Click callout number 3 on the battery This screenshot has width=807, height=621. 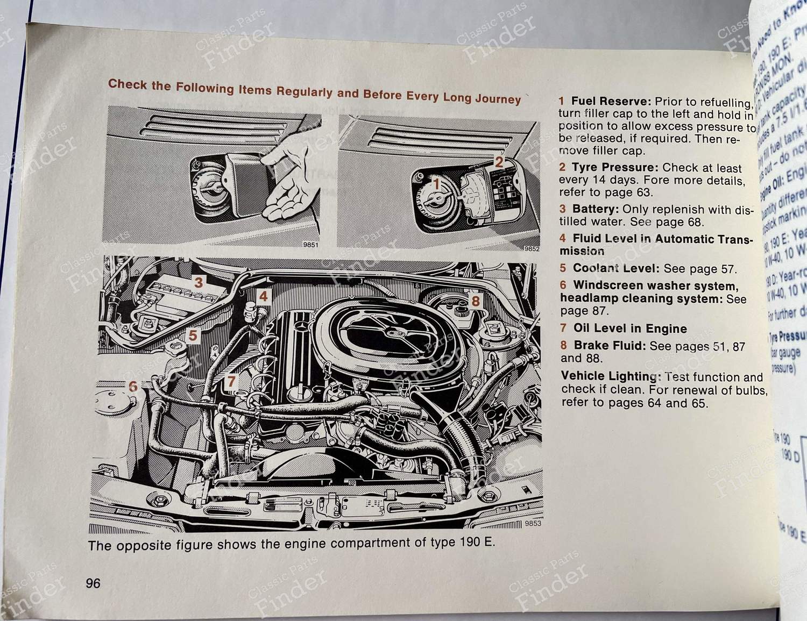pos(199,283)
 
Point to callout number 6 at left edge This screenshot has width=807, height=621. pos(133,386)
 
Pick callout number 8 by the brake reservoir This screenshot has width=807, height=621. pos(475,301)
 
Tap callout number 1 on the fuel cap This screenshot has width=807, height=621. pos(437,184)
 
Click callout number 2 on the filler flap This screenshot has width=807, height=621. pos(499,162)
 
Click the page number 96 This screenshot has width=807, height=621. pos(93,583)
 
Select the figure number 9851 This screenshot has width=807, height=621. pos(310,245)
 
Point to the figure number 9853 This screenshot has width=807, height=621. pos(533,524)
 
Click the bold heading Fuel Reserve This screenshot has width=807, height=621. pos(612,101)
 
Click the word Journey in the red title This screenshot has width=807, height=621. pos(499,99)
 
